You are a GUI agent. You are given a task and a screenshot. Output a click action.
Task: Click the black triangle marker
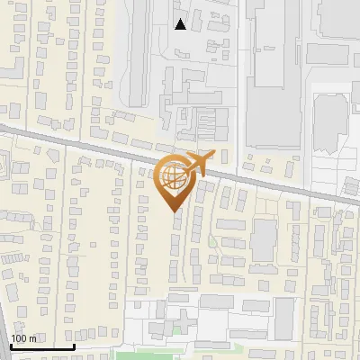coord(181,24)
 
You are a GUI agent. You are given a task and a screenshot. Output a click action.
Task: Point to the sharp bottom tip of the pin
coord(174,211)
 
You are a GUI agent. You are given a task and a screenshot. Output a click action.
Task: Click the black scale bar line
coord(41,346)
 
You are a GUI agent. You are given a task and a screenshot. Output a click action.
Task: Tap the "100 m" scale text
coord(23,338)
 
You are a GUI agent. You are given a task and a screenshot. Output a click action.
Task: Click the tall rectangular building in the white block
coord(283,315)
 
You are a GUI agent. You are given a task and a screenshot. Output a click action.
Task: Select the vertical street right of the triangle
coord(239,72)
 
